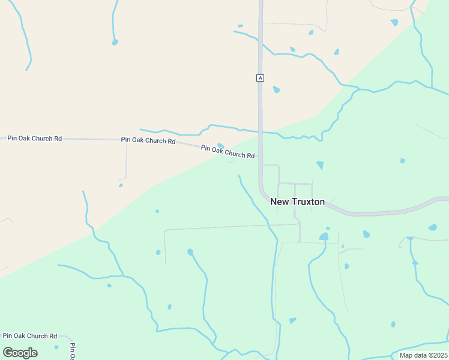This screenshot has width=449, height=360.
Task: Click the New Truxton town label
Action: pos(297,202)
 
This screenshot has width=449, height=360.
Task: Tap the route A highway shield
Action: pos(260,78)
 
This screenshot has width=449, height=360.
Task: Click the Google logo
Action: pos(20,352)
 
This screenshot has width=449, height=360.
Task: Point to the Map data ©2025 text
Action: pos(423,355)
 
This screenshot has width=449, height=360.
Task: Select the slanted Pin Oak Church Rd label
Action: pos(228,152)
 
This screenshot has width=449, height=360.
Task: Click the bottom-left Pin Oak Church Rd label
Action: pos(29,336)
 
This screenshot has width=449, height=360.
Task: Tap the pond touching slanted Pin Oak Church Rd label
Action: pos(220,145)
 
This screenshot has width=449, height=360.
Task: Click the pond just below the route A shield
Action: pos(276,89)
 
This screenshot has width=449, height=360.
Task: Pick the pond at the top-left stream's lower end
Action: pos(115,42)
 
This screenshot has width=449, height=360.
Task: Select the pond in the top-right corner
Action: pos(394,22)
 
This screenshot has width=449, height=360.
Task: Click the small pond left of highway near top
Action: pos(240,26)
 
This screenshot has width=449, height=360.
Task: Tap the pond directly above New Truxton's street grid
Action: pos(320,165)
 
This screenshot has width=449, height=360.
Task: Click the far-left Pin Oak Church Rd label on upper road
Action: pos(34,139)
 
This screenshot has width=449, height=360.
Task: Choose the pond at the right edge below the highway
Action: pos(432,227)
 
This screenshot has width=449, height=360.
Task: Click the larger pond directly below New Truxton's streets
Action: pos(324,236)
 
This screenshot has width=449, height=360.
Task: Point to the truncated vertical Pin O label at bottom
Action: pos(72,351)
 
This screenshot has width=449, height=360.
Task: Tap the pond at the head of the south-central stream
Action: pos(190,252)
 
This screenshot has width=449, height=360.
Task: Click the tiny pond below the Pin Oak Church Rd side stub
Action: pos(121,185)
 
